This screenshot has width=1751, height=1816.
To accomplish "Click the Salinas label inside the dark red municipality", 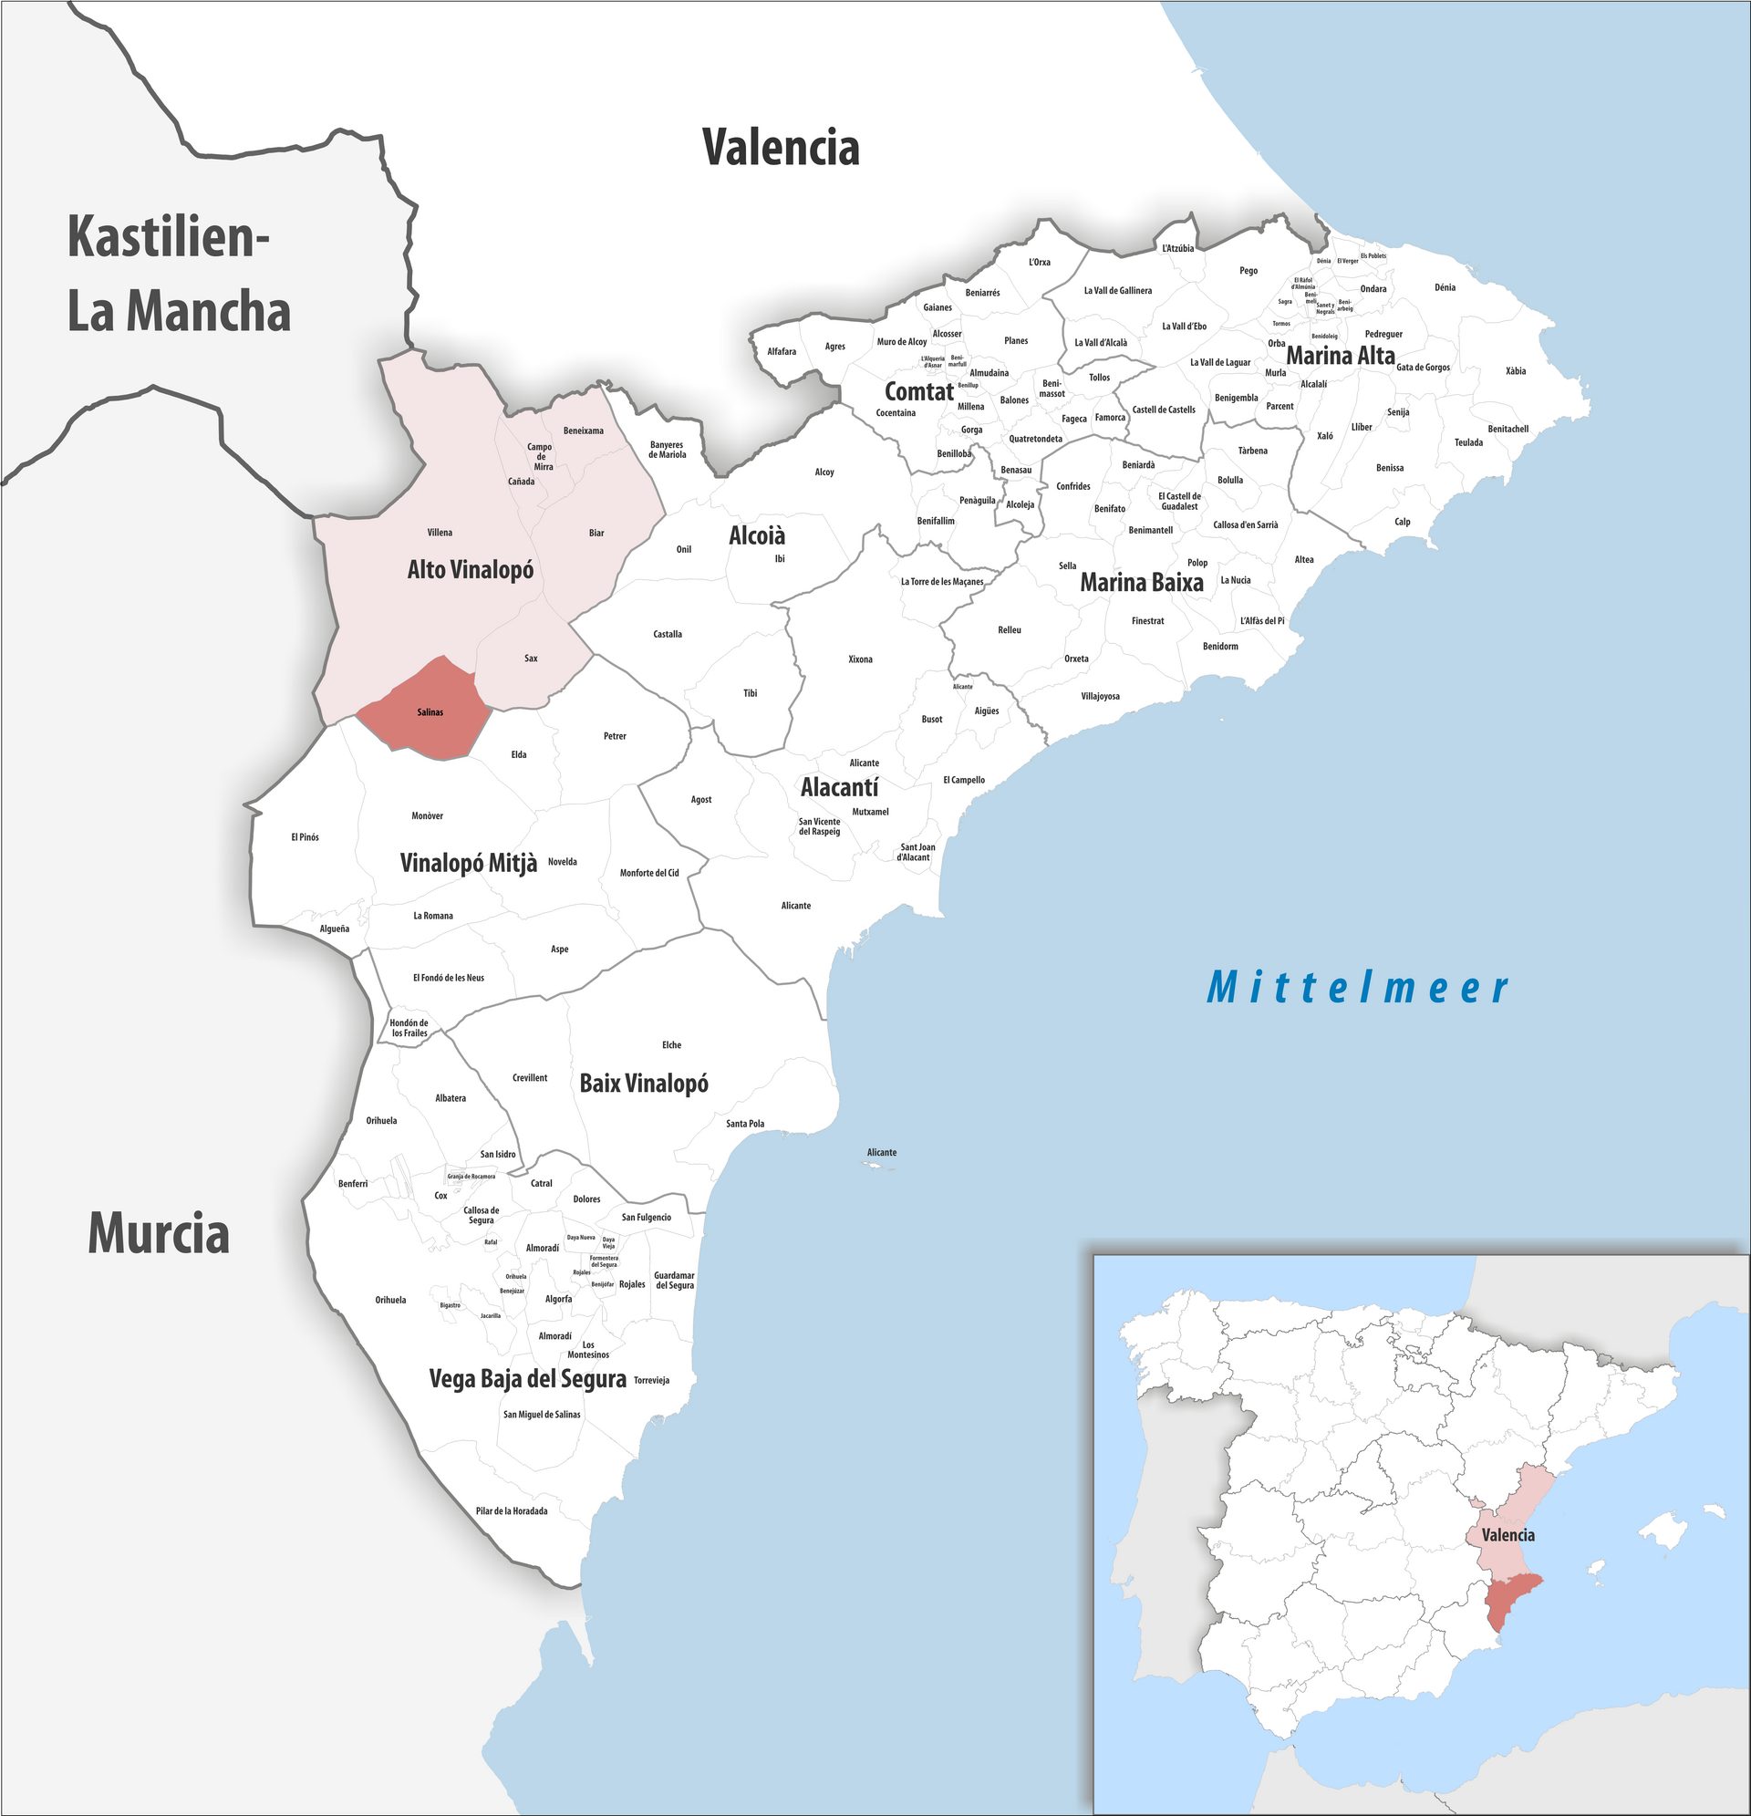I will coord(430,712).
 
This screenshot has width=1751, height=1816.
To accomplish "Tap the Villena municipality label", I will coord(440,533).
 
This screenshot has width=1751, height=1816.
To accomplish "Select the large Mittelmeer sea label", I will coord(1357,988).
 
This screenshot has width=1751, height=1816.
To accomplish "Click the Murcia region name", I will coord(159,1234).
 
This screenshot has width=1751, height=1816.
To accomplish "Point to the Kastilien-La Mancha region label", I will coord(179,275).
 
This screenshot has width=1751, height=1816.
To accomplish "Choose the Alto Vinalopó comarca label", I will coord(471,570).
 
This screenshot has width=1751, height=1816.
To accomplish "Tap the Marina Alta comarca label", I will coord(1340,355).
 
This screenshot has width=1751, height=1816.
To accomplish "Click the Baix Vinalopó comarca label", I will coord(644,1083).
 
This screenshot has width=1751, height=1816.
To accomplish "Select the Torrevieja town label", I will coord(651,1381).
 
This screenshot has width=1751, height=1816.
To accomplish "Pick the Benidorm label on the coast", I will coord(1220,647).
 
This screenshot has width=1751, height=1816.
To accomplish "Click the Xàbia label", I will coord(1516,371).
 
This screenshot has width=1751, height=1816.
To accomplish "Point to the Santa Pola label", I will coord(745,1124).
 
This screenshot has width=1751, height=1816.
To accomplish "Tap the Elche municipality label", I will coord(672,1045).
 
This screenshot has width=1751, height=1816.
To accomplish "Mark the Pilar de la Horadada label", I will coord(512,1511).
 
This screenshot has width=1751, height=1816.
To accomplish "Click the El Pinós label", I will coord(305,837).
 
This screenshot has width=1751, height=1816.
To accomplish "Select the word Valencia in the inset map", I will coord(1508,1535).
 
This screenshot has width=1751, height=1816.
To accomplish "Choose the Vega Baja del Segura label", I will coord(527,1380).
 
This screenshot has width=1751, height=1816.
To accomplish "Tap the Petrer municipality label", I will coord(615,737).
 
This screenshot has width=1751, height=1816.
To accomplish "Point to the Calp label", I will coord(1403,522).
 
